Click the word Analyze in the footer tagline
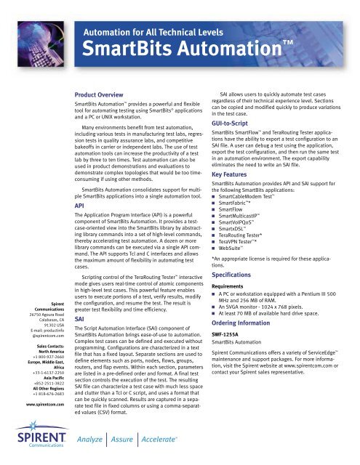94,439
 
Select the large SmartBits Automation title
172,51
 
